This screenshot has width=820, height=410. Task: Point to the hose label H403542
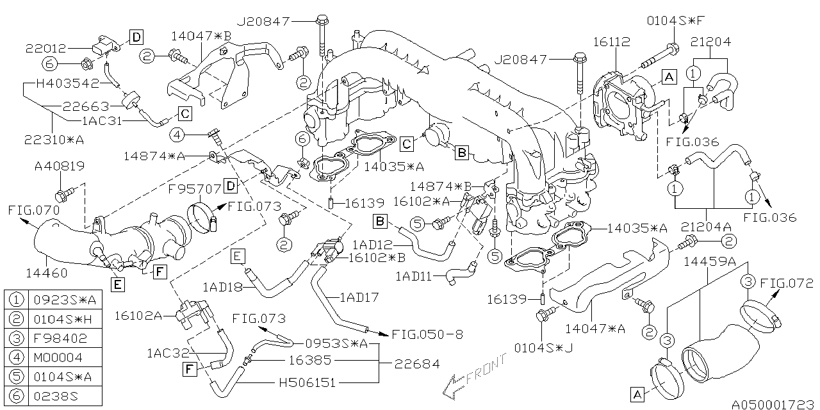click(x=68, y=83)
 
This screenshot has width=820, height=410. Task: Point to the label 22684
click(x=417, y=363)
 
